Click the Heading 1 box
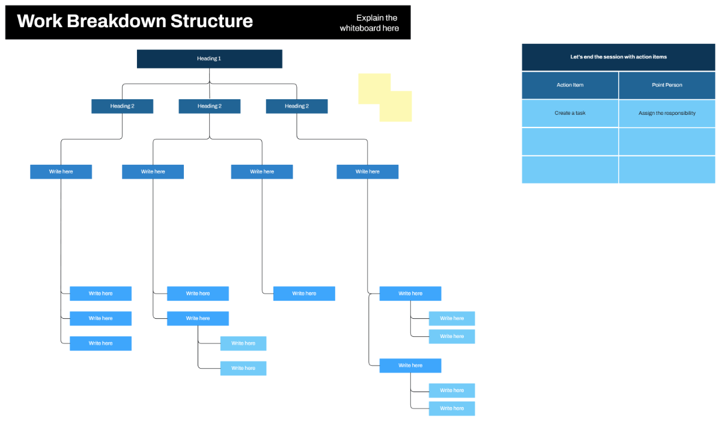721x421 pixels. pos(209,59)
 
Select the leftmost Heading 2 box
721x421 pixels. pos(122,106)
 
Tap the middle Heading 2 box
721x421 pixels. pos(209,106)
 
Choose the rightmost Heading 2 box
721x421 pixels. pos(297,106)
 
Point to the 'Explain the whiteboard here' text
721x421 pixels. pos(369,23)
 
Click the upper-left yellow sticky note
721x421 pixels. pos(373,84)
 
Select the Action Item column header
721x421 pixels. pos(570,85)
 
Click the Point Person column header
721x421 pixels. pos(667,85)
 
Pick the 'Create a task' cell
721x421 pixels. pos(570,113)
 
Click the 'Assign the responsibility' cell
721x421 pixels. pos(667,113)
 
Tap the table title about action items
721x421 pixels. pos(618,57)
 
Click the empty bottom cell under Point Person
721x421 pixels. pos(667,170)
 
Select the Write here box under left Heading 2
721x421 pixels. pos(61,171)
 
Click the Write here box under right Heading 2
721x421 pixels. pos(367,171)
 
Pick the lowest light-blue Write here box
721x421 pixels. pos(452,408)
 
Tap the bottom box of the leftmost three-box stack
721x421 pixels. pos(100,343)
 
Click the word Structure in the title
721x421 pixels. pos(211,22)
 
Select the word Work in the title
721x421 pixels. pos(39,22)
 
